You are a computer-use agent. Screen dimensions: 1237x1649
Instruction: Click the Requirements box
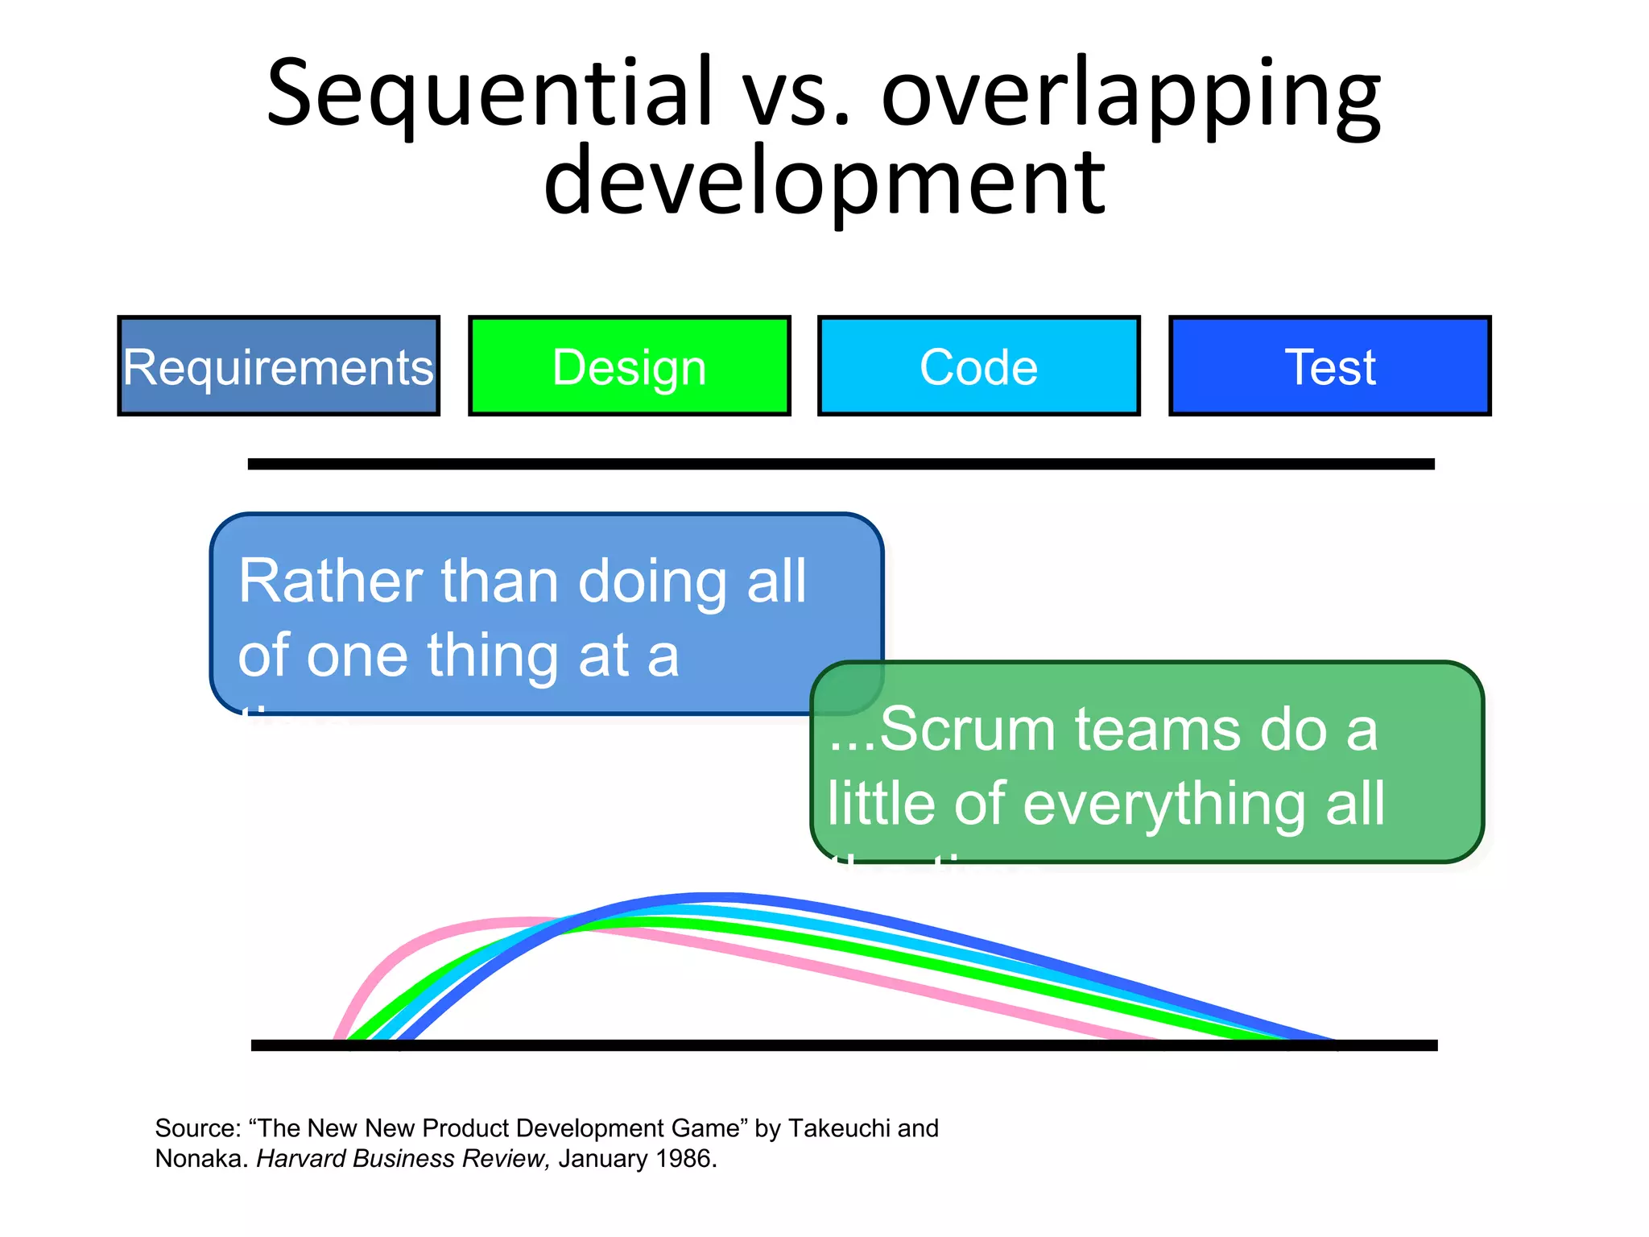279,366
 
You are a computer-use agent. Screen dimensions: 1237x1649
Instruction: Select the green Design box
629,366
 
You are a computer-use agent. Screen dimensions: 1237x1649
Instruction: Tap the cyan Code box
978,366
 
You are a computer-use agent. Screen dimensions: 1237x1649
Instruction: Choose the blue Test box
1329,366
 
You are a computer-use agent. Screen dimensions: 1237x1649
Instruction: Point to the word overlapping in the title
1130,95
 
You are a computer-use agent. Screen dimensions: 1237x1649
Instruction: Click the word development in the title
824,184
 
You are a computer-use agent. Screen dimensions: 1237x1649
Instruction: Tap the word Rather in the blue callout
330,581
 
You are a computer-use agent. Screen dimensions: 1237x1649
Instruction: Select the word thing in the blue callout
492,656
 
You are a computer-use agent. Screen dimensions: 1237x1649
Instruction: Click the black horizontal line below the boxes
841,464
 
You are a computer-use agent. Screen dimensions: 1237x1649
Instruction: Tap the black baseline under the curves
844,1045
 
